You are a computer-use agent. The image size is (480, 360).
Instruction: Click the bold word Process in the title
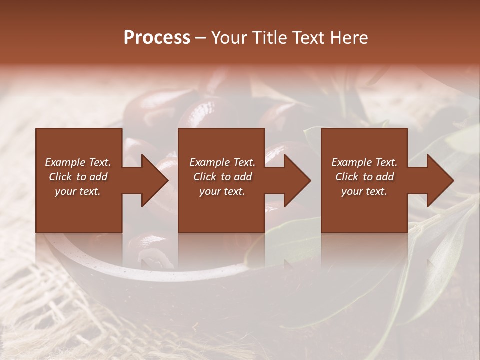click(157, 38)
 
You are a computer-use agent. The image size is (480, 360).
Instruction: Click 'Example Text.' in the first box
click(78, 162)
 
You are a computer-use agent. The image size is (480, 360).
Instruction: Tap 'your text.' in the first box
click(78, 191)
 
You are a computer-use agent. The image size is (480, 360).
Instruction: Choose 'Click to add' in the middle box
click(222, 177)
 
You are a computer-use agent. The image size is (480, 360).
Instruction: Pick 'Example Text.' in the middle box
click(222, 162)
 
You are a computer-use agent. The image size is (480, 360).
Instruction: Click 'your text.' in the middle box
click(222, 191)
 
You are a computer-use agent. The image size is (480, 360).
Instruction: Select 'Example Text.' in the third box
click(364, 162)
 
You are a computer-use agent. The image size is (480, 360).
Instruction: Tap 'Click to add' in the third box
click(364, 177)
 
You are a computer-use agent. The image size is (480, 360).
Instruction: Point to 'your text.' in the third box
click(364, 191)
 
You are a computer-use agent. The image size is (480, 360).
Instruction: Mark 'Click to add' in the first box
click(78, 177)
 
